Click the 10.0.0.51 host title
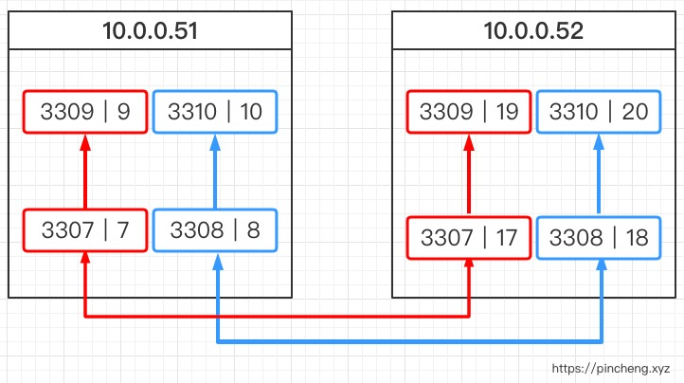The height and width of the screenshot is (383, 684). click(x=150, y=30)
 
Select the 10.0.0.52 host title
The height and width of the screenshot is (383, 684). click(x=533, y=30)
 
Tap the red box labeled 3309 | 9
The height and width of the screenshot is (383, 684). click(x=85, y=112)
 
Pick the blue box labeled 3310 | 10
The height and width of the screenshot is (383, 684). click(x=215, y=112)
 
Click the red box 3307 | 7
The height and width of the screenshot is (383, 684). click(x=85, y=230)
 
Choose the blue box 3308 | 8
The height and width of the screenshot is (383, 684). click(x=215, y=230)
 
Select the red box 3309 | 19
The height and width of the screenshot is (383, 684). click(x=469, y=112)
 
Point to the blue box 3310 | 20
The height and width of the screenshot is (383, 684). click(x=599, y=112)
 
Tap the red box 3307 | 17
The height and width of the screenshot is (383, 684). click(x=469, y=238)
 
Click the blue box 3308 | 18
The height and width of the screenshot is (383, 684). click(x=599, y=238)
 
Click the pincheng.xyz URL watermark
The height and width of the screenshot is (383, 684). click(x=611, y=369)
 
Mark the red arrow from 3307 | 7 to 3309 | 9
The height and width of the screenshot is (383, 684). click(x=85, y=172)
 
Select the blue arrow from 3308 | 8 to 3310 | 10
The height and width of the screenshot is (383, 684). click(x=215, y=172)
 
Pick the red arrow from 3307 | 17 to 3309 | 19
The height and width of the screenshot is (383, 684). click(x=469, y=175)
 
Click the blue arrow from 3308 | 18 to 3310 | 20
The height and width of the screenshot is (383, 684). click(x=599, y=175)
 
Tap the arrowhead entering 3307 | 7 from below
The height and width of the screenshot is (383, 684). click(x=85, y=258)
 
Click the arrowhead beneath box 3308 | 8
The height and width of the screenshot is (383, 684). click(x=218, y=261)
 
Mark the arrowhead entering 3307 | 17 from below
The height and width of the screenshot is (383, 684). click(x=469, y=264)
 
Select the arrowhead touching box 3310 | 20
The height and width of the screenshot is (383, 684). click(x=599, y=142)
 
